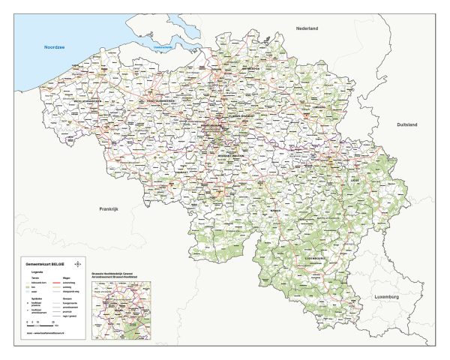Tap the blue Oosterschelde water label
163,49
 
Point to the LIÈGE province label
354,181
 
